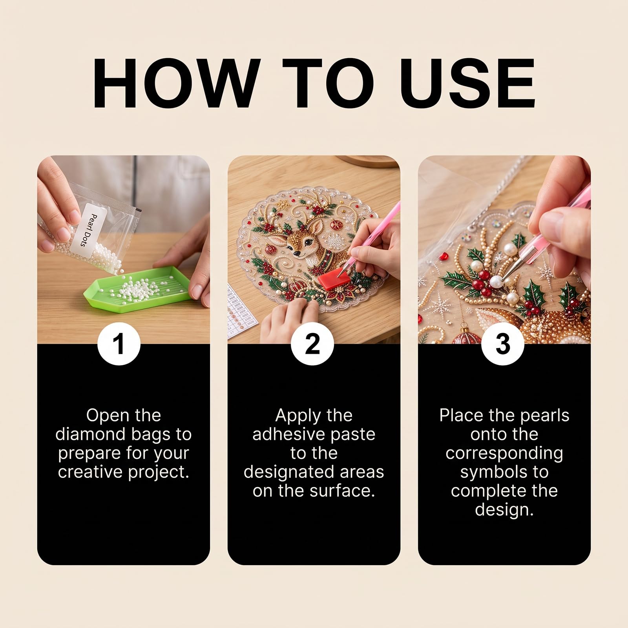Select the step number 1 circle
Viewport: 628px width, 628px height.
tap(119, 344)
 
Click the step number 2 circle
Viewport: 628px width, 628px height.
tap(312, 344)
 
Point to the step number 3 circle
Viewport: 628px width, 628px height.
tap(503, 344)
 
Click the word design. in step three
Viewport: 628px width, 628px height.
tap(504, 510)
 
